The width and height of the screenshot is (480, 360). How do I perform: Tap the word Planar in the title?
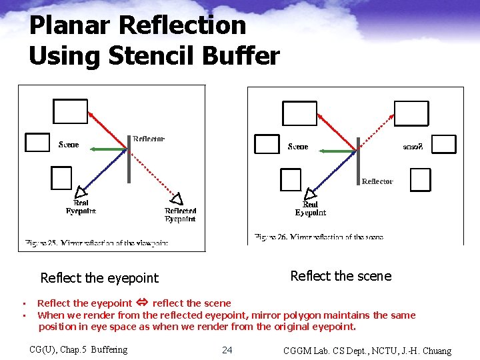71,25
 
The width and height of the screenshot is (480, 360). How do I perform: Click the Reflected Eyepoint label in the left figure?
180,215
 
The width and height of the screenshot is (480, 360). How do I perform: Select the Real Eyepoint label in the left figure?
81,207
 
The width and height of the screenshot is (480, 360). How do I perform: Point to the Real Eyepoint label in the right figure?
310,209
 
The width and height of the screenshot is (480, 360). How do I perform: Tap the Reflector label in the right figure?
377,181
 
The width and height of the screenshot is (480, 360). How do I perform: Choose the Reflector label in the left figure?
148,139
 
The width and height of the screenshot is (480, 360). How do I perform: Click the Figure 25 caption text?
96,243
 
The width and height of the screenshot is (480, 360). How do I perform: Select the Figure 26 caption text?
319,237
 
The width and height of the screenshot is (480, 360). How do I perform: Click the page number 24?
227,350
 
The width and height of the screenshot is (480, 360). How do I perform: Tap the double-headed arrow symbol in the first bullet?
142,303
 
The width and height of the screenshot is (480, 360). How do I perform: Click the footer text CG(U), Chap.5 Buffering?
79,349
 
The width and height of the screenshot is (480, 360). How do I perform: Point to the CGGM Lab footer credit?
367,351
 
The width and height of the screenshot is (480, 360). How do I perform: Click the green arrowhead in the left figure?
94,149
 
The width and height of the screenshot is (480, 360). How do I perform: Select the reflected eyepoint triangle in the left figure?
177,198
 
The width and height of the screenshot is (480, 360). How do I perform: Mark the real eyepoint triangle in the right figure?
310,194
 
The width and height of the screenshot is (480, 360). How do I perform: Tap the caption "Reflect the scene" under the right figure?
341,276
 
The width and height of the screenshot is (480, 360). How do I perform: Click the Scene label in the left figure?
69,145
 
